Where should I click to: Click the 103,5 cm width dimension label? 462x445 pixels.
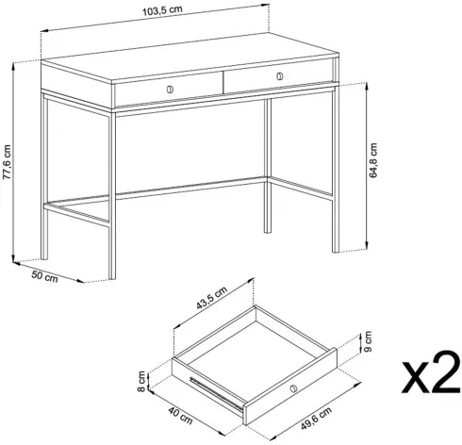click(162, 10)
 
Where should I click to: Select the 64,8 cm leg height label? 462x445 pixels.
click(373, 160)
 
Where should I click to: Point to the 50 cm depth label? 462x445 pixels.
click(44, 276)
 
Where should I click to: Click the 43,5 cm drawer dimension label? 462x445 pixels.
click(211, 298)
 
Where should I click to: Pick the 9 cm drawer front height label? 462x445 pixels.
click(368, 341)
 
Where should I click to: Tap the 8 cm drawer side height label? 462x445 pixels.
click(141, 381)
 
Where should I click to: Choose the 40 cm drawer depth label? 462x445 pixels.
click(180, 415)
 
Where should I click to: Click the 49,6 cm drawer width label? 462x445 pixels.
click(316, 418)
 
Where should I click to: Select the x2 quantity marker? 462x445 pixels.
click(431, 372)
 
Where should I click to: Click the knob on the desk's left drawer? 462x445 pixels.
click(170, 90)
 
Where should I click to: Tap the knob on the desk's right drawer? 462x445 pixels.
click(279, 76)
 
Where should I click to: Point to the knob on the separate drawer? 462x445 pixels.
click(293, 388)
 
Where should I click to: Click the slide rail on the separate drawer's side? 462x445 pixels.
click(216, 394)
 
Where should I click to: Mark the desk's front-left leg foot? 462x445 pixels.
click(112, 275)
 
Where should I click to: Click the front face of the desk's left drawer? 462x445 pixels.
click(169, 91)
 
